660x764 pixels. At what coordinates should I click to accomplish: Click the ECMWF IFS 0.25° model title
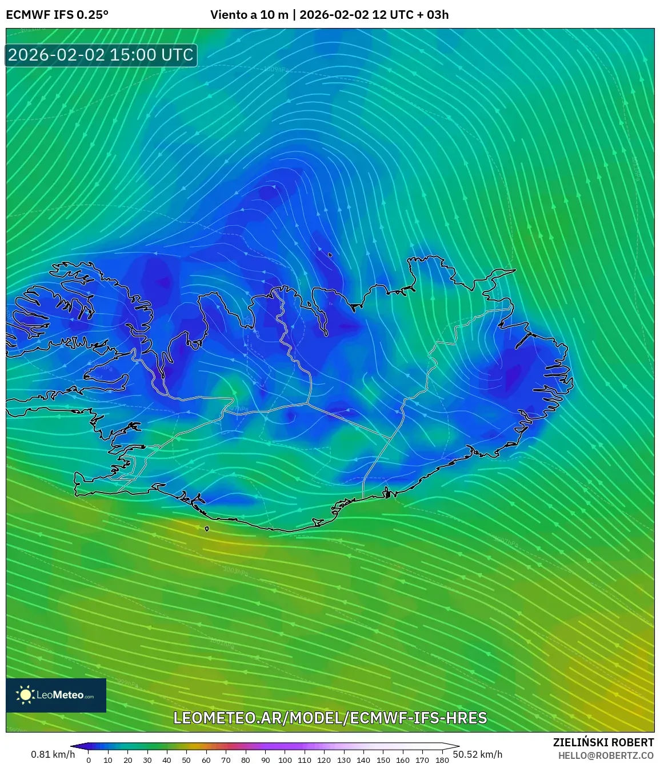click(57, 15)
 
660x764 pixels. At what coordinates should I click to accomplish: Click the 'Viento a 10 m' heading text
click(249, 15)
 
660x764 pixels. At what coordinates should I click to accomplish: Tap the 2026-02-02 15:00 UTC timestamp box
click(101, 55)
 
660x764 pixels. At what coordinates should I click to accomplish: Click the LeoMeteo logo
click(56, 695)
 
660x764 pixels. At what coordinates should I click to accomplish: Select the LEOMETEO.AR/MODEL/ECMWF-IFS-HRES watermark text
click(330, 718)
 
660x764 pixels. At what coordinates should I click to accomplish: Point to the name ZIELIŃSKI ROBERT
click(603, 742)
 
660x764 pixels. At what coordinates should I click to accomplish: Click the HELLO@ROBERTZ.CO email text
click(606, 755)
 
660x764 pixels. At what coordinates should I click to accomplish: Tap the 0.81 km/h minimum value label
click(53, 754)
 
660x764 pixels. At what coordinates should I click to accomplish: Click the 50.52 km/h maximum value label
click(478, 754)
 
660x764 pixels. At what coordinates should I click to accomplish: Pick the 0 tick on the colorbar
click(89, 760)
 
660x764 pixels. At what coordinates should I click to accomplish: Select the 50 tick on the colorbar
click(186, 760)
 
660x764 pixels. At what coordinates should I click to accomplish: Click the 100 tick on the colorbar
click(285, 760)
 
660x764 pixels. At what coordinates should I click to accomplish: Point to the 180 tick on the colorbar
click(442, 760)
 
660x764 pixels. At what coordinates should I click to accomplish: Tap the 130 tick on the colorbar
click(343, 760)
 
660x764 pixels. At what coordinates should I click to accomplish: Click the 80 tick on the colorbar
click(245, 760)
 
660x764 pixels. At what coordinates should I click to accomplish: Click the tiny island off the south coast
click(207, 529)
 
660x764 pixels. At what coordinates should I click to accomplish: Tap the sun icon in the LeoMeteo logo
click(26, 695)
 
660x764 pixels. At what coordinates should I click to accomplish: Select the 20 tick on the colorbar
click(127, 760)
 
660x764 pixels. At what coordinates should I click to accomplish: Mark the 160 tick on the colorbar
click(402, 760)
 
